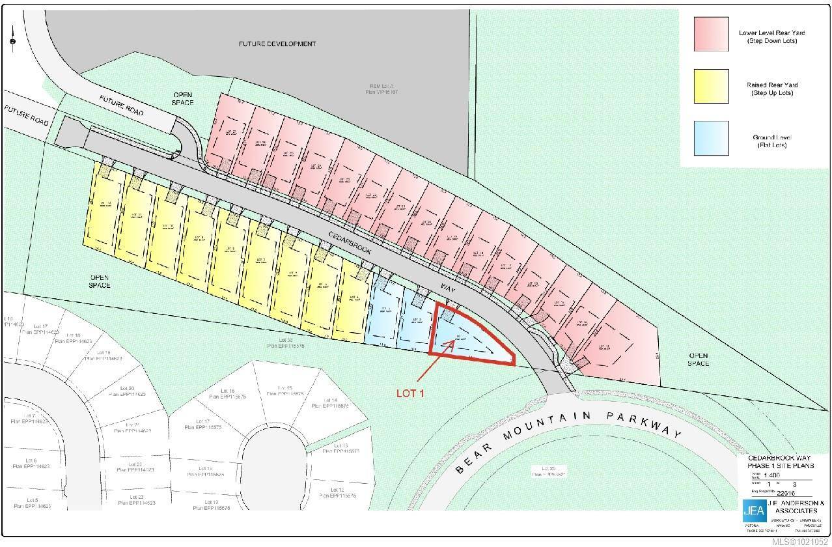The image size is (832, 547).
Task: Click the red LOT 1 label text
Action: click(x=411, y=393)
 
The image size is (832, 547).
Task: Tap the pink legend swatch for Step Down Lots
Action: click(x=711, y=33)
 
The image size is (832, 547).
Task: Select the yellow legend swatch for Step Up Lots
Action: click(x=711, y=86)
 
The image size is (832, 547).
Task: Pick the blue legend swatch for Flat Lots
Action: click(x=711, y=138)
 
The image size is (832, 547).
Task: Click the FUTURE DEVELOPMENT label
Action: click(x=277, y=44)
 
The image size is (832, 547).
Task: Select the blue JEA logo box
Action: click(x=754, y=510)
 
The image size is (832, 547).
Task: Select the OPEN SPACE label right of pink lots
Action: click(x=699, y=359)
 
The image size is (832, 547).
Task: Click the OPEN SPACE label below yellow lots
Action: click(x=100, y=281)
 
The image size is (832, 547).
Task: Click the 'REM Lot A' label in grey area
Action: click(x=383, y=89)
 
